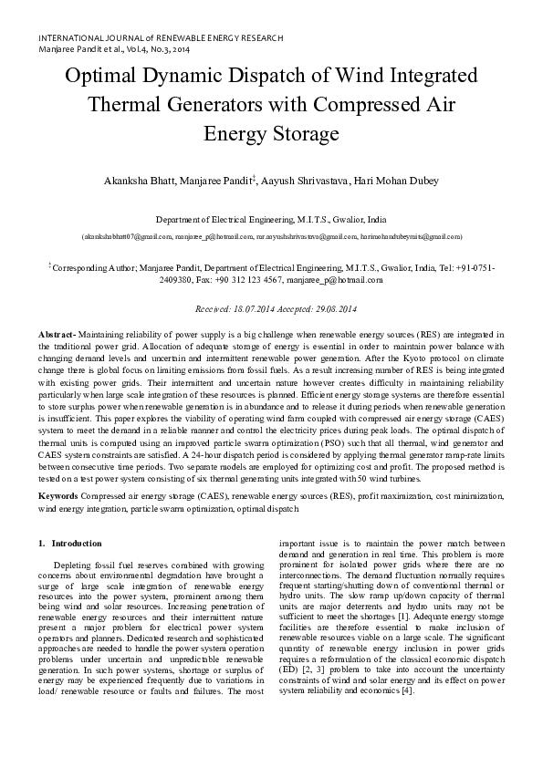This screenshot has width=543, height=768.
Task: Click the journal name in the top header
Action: coord(161,38)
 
